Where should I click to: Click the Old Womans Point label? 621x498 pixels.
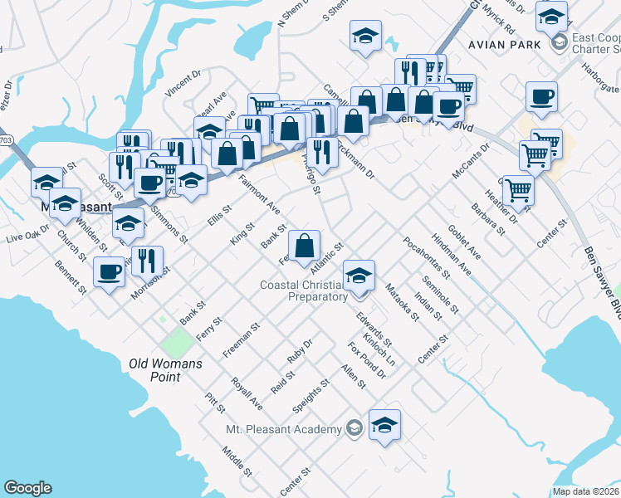[x=167, y=370]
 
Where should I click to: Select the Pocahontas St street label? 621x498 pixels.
[x=426, y=256]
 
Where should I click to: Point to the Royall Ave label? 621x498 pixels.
[x=247, y=393]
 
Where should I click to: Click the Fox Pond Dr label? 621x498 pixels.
[x=367, y=360]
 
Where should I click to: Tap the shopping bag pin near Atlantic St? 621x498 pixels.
[x=306, y=244]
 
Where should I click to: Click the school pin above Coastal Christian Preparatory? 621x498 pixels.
[x=359, y=275]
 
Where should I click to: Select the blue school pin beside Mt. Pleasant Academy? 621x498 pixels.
[x=384, y=425]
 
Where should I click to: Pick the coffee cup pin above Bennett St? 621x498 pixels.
[x=108, y=271]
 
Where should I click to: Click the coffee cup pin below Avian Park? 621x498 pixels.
[x=541, y=97]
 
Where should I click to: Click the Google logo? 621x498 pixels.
[x=27, y=488]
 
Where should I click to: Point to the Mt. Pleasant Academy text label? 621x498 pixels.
[x=284, y=429]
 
